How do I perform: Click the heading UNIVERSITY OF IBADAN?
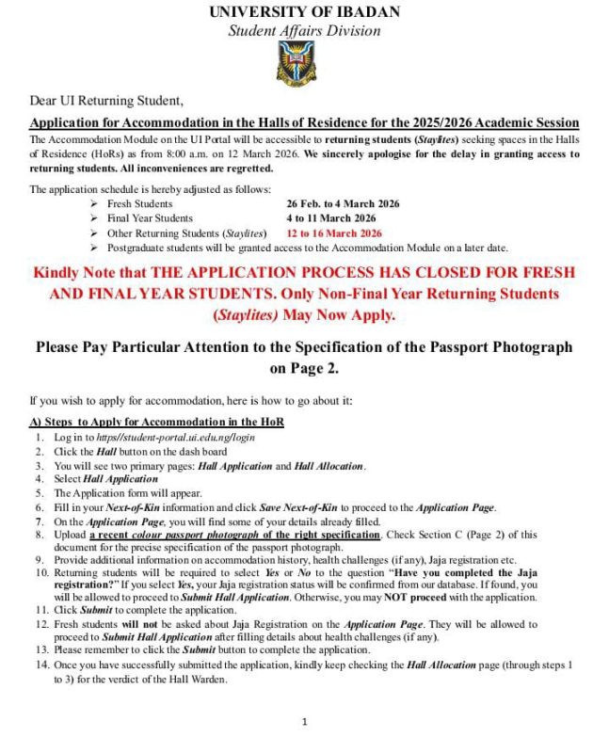coord(304,12)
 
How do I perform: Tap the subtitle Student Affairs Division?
coord(304,31)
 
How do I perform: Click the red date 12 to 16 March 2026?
coord(334,232)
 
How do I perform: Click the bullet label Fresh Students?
coord(139,203)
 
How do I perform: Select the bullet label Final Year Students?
coord(150,217)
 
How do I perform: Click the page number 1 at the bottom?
coord(305,722)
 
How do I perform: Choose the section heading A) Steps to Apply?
coord(156,421)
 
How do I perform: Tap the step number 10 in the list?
coord(42,572)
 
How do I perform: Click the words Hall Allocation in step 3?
coord(329,466)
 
